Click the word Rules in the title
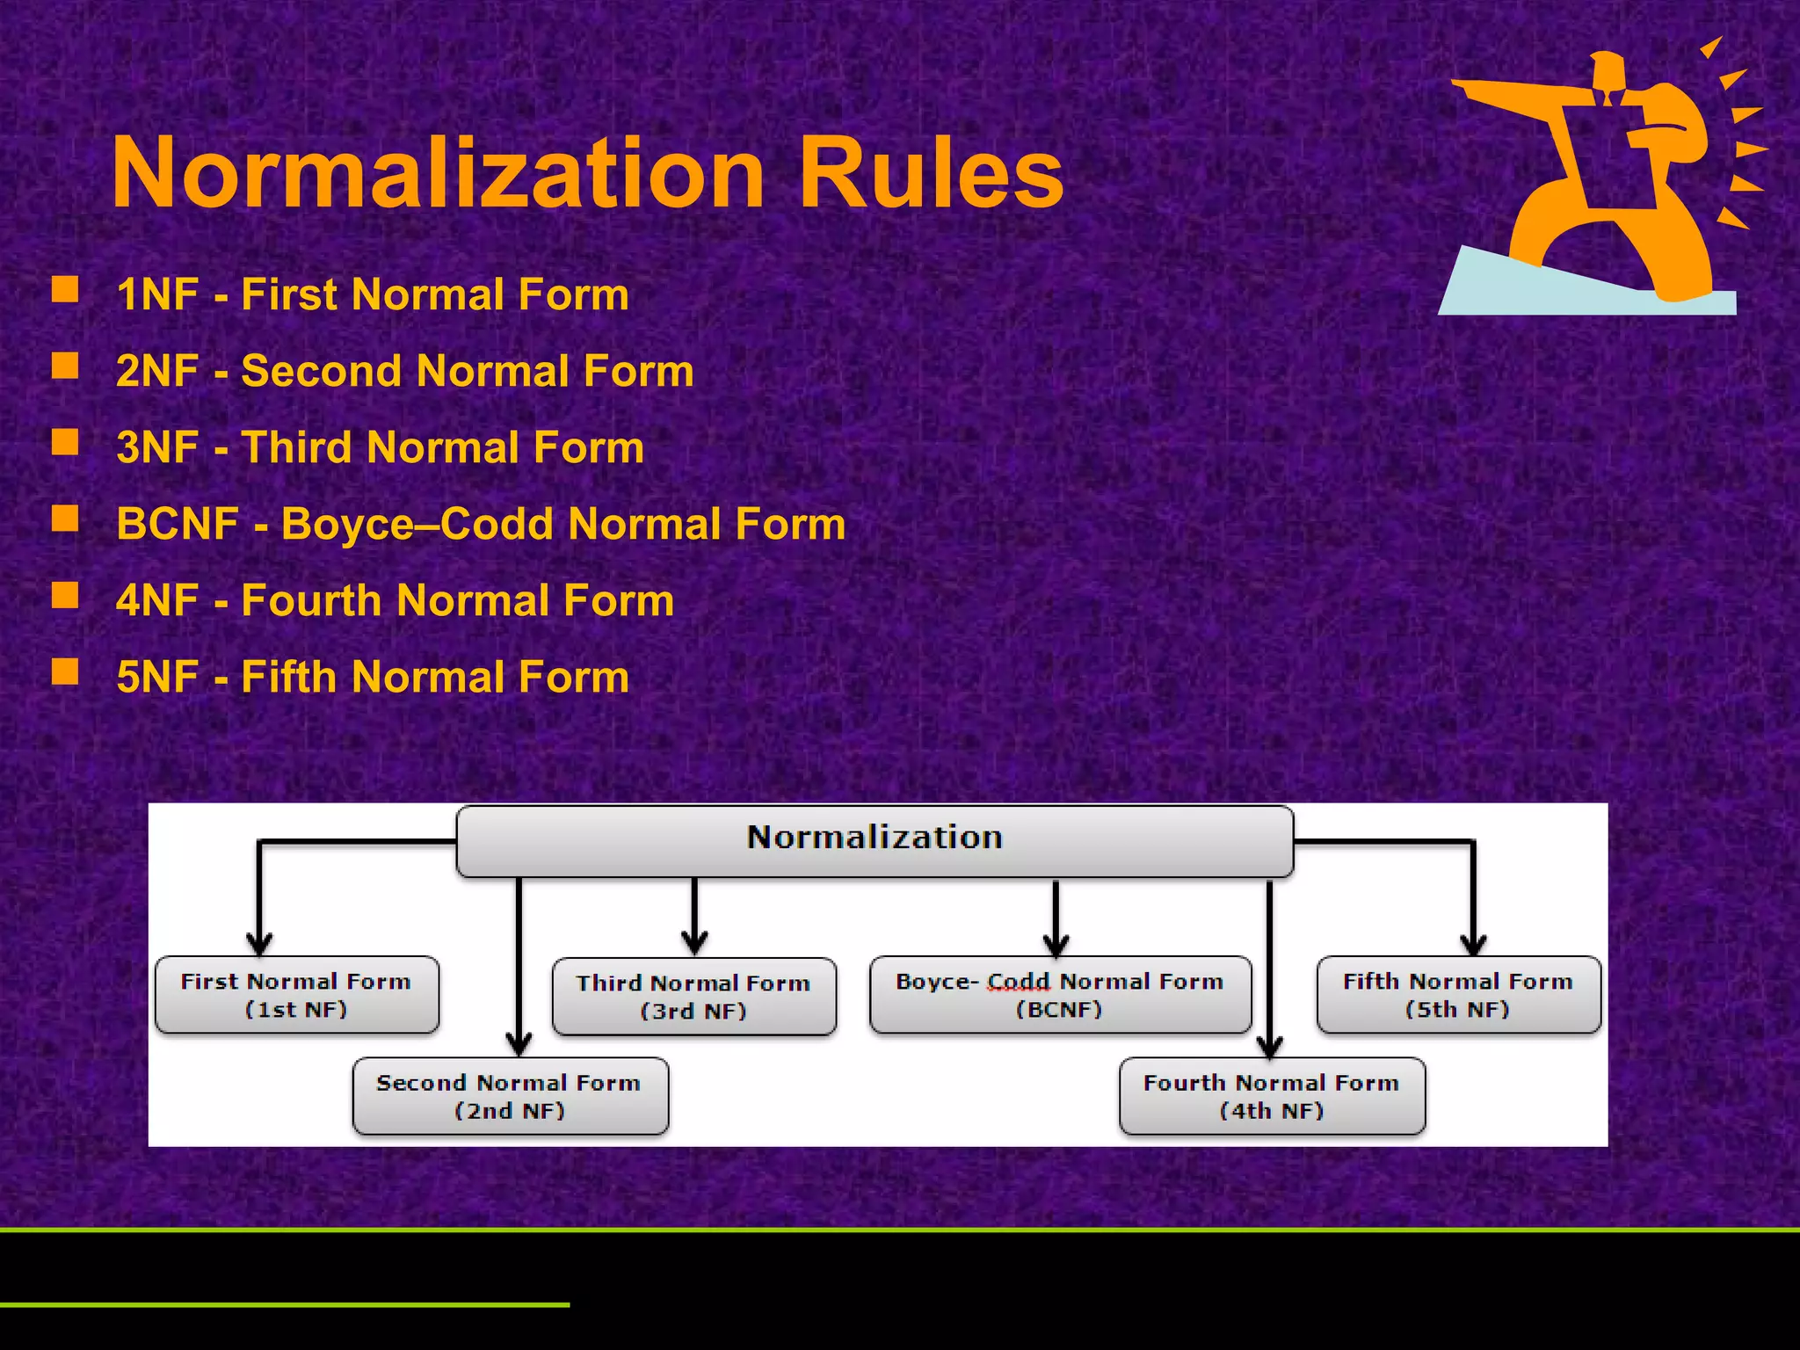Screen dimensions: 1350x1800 coord(931,173)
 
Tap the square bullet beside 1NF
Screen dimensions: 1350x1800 coord(65,289)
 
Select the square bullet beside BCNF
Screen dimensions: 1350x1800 coord(65,519)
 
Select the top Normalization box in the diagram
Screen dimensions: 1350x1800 coord(875,840)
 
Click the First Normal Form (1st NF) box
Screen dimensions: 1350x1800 coord(297,995)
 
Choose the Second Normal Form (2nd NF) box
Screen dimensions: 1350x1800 coord(510,1096)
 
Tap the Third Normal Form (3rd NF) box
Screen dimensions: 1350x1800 coord(693,997)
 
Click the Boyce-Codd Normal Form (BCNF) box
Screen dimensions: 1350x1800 coord(1060,995)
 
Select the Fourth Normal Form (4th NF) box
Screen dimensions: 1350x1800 coord(1272,1096)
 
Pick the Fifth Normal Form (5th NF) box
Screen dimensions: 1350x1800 coord(1458,995)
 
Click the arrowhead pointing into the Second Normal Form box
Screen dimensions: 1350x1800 coord(519,1044)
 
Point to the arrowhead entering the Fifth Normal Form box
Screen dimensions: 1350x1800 coord(1474,944)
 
